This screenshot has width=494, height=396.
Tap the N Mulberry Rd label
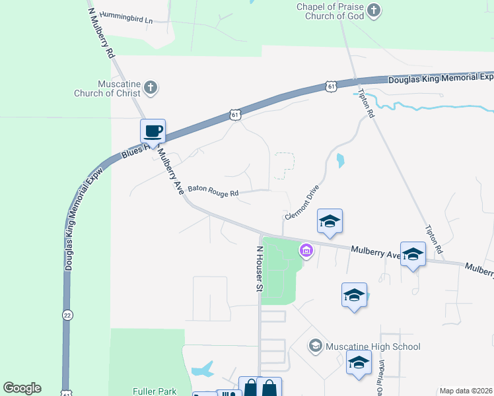[101, 32]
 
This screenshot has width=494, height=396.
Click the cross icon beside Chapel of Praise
[374, 10]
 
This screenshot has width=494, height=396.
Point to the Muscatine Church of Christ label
[110, 88]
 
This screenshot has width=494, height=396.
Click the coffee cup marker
[153, 131]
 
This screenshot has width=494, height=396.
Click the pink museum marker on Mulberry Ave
[306, 251]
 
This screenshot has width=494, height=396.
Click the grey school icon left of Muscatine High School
[316, 346]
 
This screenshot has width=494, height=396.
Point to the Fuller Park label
[155, 391]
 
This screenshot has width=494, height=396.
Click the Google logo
[22, 388]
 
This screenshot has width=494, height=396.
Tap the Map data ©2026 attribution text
[465, 391]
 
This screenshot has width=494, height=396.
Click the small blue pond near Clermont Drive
[340, 160]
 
